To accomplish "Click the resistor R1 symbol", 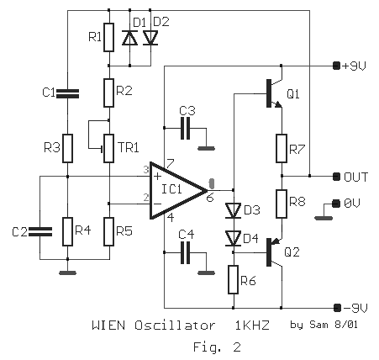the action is click(108, 37).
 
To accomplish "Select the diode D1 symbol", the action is click(129, 38).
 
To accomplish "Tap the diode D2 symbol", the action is click(150, 38).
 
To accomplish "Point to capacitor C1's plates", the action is click(67, 93).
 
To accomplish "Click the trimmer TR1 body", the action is click(108, 148).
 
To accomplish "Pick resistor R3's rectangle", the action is click(67, 148).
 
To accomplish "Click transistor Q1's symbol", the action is click(274, 93).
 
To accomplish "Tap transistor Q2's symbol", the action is click(274, 251).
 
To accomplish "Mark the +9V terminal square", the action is click(336, 66).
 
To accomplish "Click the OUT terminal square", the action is click(336, 177).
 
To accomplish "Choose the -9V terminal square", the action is click(337, 308).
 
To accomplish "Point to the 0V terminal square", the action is click(335, 204).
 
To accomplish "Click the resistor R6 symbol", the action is click(233, 279).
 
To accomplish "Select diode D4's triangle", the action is click(233, 239).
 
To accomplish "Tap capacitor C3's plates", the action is click(185, 129).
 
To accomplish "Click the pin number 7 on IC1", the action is click(170, 163).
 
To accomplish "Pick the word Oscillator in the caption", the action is click(175, 326).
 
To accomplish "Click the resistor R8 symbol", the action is click(282, 204).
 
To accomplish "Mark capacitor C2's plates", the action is click(40, 231).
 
